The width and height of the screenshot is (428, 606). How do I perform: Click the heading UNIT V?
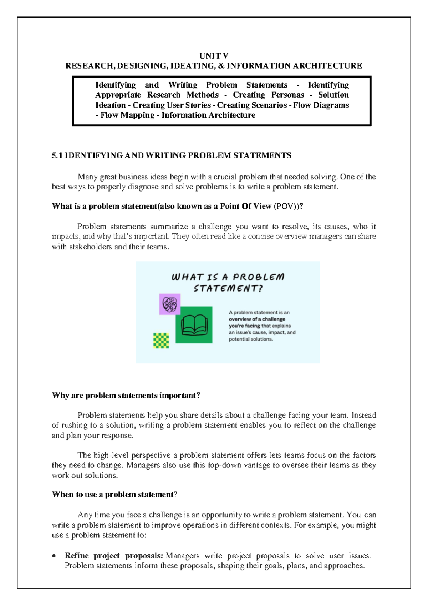pyautogui.click(x=214, y=56)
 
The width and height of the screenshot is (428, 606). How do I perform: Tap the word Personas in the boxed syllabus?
pyautogui.click(x=287, y=95)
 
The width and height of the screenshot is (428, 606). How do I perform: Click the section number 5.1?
pyautogui.click(x=57, y=155)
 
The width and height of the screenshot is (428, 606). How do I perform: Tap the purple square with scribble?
pyautogui.click(x=170, y=304)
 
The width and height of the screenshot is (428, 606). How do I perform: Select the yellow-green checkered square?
pyautogui.click(x=161, y=340)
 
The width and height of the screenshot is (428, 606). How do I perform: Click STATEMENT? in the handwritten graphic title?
pyautogui.click(x=228, y=289)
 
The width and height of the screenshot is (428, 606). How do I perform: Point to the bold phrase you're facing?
pyautogui.click(x=244, y=326)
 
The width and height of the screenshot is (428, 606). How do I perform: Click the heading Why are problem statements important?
pyautogui.click(x=126, y=396)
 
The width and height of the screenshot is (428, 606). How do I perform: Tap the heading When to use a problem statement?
pyautogui.click(x=114, y=495)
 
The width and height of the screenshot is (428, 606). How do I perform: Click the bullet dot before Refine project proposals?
pyautogui.click(x=54, y=556)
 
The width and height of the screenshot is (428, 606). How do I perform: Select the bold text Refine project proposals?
pyautogui.click(x=114, y=556)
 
